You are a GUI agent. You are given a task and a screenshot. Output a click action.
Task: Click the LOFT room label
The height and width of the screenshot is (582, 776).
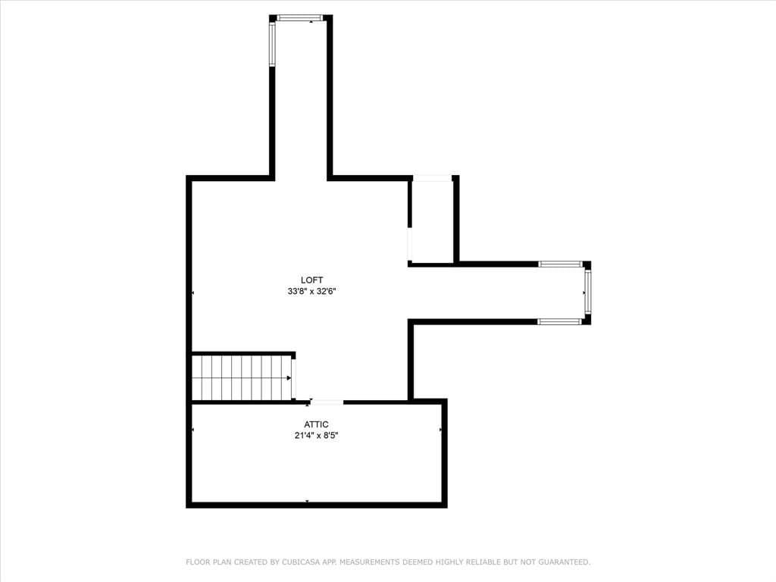311,280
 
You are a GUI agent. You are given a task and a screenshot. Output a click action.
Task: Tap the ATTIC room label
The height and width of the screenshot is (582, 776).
316,424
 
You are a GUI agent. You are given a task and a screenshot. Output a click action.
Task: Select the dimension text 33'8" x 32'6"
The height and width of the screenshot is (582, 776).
311,292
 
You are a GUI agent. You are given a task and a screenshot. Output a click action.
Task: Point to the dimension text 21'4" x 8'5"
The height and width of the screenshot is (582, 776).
316,436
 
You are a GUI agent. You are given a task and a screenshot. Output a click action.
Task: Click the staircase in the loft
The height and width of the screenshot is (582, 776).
242,377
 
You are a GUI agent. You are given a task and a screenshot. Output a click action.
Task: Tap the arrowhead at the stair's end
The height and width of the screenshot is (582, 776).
289,378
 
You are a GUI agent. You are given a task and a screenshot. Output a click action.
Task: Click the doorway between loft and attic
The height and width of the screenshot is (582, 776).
326,402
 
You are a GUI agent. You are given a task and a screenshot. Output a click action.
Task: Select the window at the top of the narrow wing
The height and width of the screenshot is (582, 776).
299,18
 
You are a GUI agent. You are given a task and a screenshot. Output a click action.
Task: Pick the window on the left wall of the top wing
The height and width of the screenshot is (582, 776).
272,43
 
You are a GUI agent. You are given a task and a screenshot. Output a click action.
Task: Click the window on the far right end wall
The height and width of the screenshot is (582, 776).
587,292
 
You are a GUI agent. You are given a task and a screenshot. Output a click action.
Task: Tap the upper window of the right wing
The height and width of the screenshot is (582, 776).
560,264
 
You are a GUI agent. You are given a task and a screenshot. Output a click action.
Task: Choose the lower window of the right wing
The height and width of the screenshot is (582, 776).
559,321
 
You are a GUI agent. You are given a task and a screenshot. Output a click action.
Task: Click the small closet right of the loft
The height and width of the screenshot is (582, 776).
432,221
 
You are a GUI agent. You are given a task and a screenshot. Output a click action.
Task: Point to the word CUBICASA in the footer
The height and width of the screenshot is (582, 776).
301,562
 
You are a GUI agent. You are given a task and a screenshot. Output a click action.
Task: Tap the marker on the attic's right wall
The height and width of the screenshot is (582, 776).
440,430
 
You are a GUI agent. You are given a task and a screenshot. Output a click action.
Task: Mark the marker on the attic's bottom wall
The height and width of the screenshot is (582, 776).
307,502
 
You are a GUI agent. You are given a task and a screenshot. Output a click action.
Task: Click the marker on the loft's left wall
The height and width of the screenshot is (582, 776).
192,293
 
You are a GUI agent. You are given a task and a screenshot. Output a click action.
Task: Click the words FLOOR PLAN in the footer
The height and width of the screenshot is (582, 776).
208,562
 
